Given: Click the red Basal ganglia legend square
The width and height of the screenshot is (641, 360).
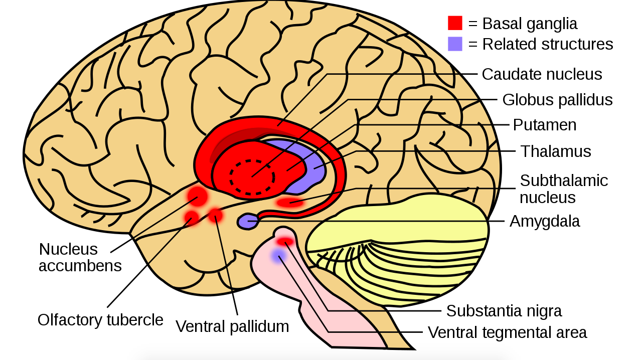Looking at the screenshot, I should point(455,23).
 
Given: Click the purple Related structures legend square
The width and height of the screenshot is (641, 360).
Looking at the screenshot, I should point(455,44).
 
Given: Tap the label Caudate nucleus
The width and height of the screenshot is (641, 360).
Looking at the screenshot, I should point(542,74).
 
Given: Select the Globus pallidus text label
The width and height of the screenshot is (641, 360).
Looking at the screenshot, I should point(557,100).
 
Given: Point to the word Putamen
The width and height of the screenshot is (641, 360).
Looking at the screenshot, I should point(544,125).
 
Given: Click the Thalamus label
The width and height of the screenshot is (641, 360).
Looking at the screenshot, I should point(555,151).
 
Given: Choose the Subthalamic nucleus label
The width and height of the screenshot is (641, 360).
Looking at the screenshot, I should point(563,189).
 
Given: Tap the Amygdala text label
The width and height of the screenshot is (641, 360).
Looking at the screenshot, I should point(544,221).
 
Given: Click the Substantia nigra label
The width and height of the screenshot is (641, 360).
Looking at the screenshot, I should point(504,311).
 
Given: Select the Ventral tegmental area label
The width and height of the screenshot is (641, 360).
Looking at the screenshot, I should point(507,332).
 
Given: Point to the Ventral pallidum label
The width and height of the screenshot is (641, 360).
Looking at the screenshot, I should point(232,326).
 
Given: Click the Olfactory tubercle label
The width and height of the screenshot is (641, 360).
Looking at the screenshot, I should point(100,320).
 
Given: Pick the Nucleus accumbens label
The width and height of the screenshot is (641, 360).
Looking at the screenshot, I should point(80,257).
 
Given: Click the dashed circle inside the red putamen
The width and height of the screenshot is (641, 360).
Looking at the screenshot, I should point(252,176).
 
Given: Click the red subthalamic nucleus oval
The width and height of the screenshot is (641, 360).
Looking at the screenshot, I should point(290,203).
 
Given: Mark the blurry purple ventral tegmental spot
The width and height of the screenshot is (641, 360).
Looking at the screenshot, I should point(278,256).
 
